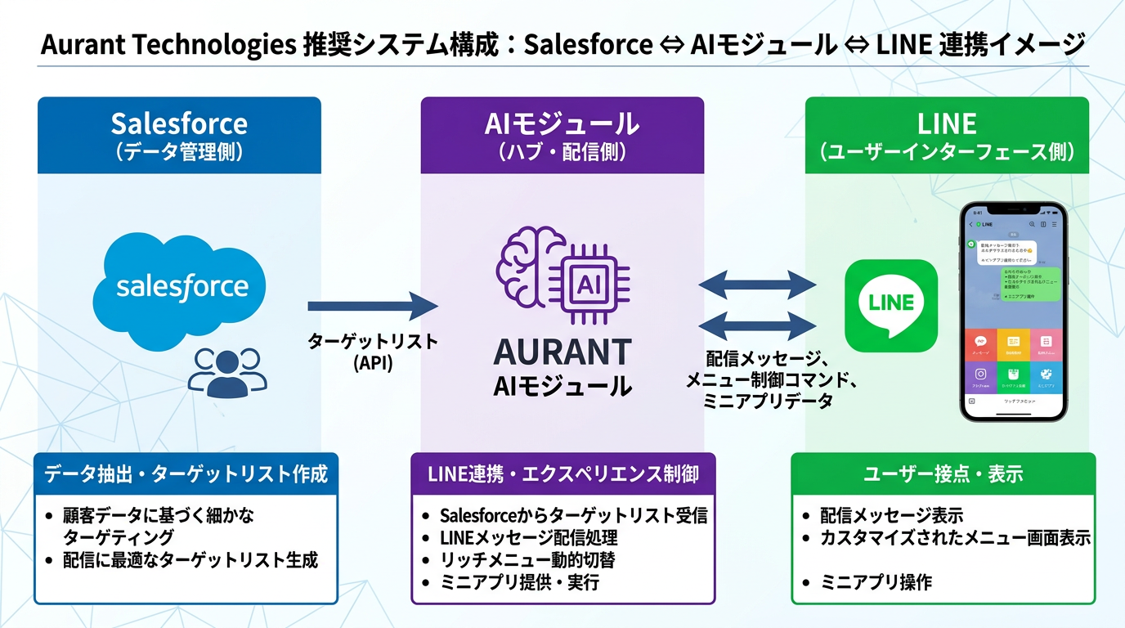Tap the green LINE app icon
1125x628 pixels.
890,304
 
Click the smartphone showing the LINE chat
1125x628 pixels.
1013,311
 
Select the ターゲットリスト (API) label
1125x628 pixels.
373,352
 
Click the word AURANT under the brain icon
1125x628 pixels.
562,352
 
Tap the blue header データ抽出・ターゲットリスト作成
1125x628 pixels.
186,473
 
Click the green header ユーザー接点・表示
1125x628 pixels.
943,473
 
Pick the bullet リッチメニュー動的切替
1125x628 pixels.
527,560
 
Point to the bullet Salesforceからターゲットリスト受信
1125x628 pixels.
573,516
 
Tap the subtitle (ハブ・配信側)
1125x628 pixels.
562,152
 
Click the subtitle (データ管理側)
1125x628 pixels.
179,152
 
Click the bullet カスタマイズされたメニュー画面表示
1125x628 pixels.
956,538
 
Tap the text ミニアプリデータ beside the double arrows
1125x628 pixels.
769,401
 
